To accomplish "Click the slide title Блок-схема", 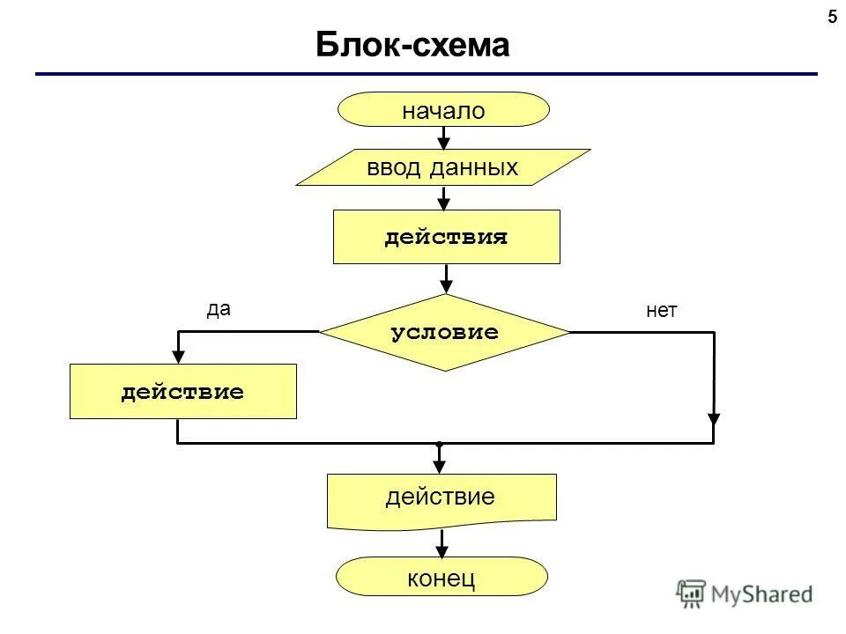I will pos(412,45).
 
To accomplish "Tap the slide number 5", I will pos(831,17).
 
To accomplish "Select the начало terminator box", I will pos(444,110).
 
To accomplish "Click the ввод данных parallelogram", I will pos(442,167).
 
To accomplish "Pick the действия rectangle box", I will pos(446,237).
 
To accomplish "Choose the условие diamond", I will pos(445,333).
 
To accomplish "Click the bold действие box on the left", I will pos(183,392).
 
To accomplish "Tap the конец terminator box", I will pos(442,578).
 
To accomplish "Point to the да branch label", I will pos(218,308).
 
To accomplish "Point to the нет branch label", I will pos(661,310).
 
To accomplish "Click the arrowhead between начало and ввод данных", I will pos(444,141).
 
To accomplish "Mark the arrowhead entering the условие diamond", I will pos(447,285).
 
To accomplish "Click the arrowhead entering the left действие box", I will pos(179,356).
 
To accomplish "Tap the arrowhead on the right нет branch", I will pos(714,419).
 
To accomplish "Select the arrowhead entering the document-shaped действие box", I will pos(438,465).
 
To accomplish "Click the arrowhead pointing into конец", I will pos(442,549).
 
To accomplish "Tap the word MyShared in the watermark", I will pos(761,594).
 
